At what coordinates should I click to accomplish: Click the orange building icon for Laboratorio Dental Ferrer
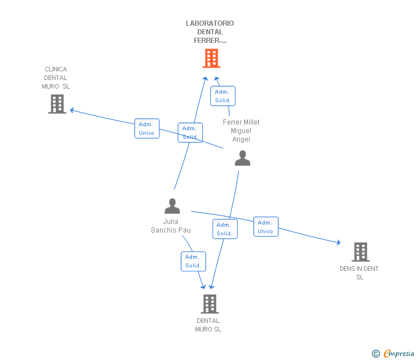click(211, 58)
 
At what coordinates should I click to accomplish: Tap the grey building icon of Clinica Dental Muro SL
click(57, 104)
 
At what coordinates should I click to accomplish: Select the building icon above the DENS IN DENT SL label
click(360, 251)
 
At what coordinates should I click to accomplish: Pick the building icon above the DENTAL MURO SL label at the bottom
click(210, 304)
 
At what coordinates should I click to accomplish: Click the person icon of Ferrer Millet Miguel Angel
click(242, 158)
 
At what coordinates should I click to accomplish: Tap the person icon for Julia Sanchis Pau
click(172, 206)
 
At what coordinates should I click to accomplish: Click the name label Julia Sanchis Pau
click(171, 226)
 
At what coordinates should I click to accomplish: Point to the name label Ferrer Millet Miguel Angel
click(241, 131)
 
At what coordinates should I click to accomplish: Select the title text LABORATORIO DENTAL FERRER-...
click(210, 32)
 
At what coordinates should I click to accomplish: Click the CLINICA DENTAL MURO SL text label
click(56, 78)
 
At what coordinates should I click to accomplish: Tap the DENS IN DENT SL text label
click(359, 273)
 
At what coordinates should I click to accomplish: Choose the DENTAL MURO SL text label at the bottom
click(208, 325)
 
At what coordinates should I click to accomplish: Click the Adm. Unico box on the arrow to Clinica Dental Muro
click(147, 129)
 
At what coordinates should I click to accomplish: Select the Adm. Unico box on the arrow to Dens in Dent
click(266, 227)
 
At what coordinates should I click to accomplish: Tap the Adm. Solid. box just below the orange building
click(222, 96)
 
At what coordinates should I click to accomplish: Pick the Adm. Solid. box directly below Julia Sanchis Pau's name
click(193, 261)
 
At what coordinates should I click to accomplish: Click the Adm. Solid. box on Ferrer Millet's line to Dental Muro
click(225, 229)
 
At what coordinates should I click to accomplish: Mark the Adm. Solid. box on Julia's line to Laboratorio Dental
click(190, 133)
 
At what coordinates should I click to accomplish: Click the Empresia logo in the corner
click(393, 354)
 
